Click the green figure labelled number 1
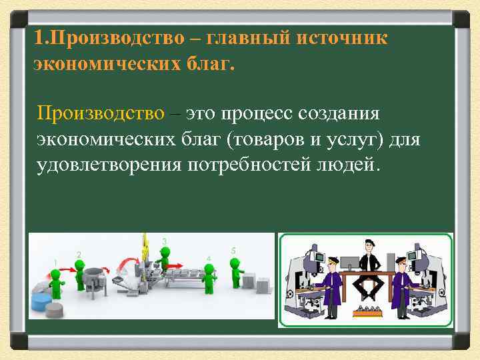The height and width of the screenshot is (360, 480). tap(56, 279)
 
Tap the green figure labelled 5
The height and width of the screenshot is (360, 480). tap(235, 270)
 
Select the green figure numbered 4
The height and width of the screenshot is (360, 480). tap(210, 277)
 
